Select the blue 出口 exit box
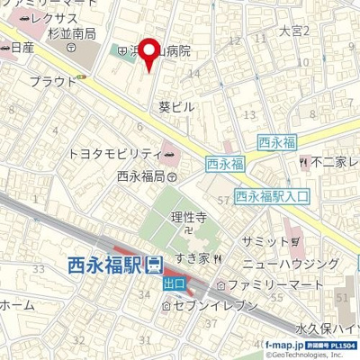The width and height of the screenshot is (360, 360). click(174, 283)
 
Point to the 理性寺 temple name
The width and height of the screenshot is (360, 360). click(190, 217)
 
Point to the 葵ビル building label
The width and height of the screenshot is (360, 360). click(175, 106)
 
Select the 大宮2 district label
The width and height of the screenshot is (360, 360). click(294, 31)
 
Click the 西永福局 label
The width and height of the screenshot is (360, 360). click(139, 176)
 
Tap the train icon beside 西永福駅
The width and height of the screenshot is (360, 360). click(154, 265)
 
